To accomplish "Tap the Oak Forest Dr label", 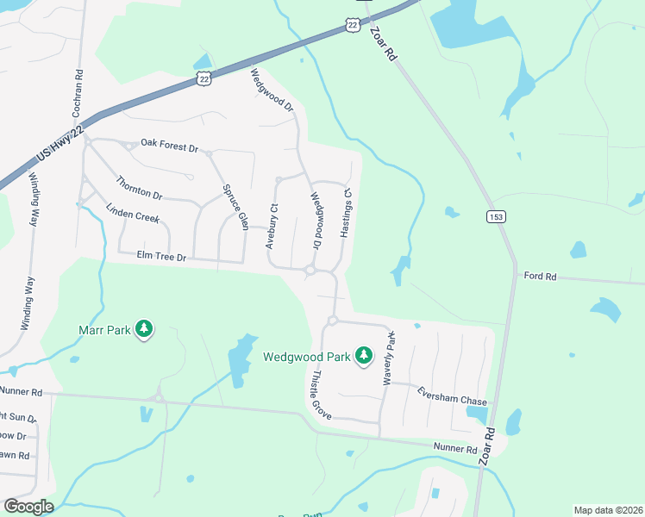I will [x=169, y=144].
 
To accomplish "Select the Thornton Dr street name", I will [x=139, y=188].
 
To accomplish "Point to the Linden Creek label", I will [x=133, y=214].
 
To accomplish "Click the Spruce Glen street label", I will [x=235, y=202].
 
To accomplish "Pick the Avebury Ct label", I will [x=272, y=226].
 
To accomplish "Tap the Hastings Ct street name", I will [x=347, y=214].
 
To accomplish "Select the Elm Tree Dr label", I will [x=162, y=255].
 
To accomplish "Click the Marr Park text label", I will [x=104, y=329].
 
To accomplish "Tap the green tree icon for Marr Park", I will [x=145, y=329].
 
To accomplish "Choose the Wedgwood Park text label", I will [x=306, y=355].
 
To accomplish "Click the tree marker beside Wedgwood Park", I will [x=364, y=355].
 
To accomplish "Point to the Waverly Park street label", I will [x=389, y=358].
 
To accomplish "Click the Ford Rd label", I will [x=540, y=276].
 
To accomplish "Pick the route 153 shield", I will [x=495, y=216].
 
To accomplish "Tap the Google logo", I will [x=28, y=507].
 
